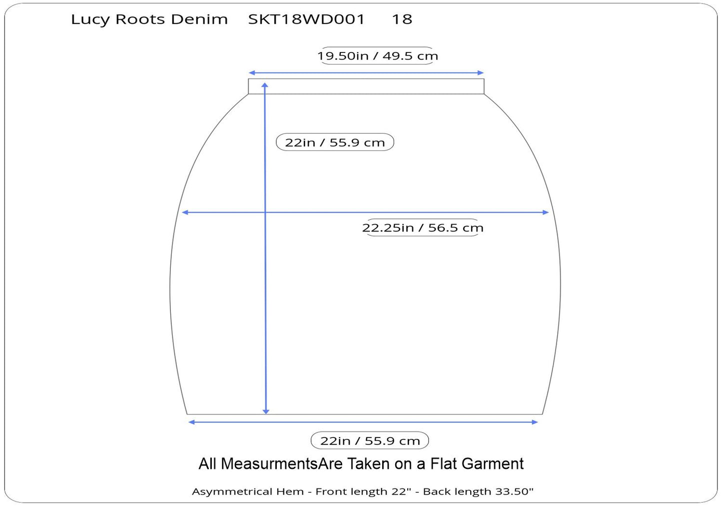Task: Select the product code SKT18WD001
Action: (306, 19)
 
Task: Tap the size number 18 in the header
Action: (402, 19)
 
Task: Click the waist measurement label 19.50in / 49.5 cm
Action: (378, 56)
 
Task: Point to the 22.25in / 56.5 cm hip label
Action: (423, 228)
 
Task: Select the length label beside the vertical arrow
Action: (335, 142)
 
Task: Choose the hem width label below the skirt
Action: (370, 441)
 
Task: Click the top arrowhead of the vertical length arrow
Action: (265, 85)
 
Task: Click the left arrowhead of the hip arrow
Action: (185, 212)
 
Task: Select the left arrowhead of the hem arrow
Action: (191, 422)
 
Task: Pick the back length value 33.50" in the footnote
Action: (514, 492)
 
